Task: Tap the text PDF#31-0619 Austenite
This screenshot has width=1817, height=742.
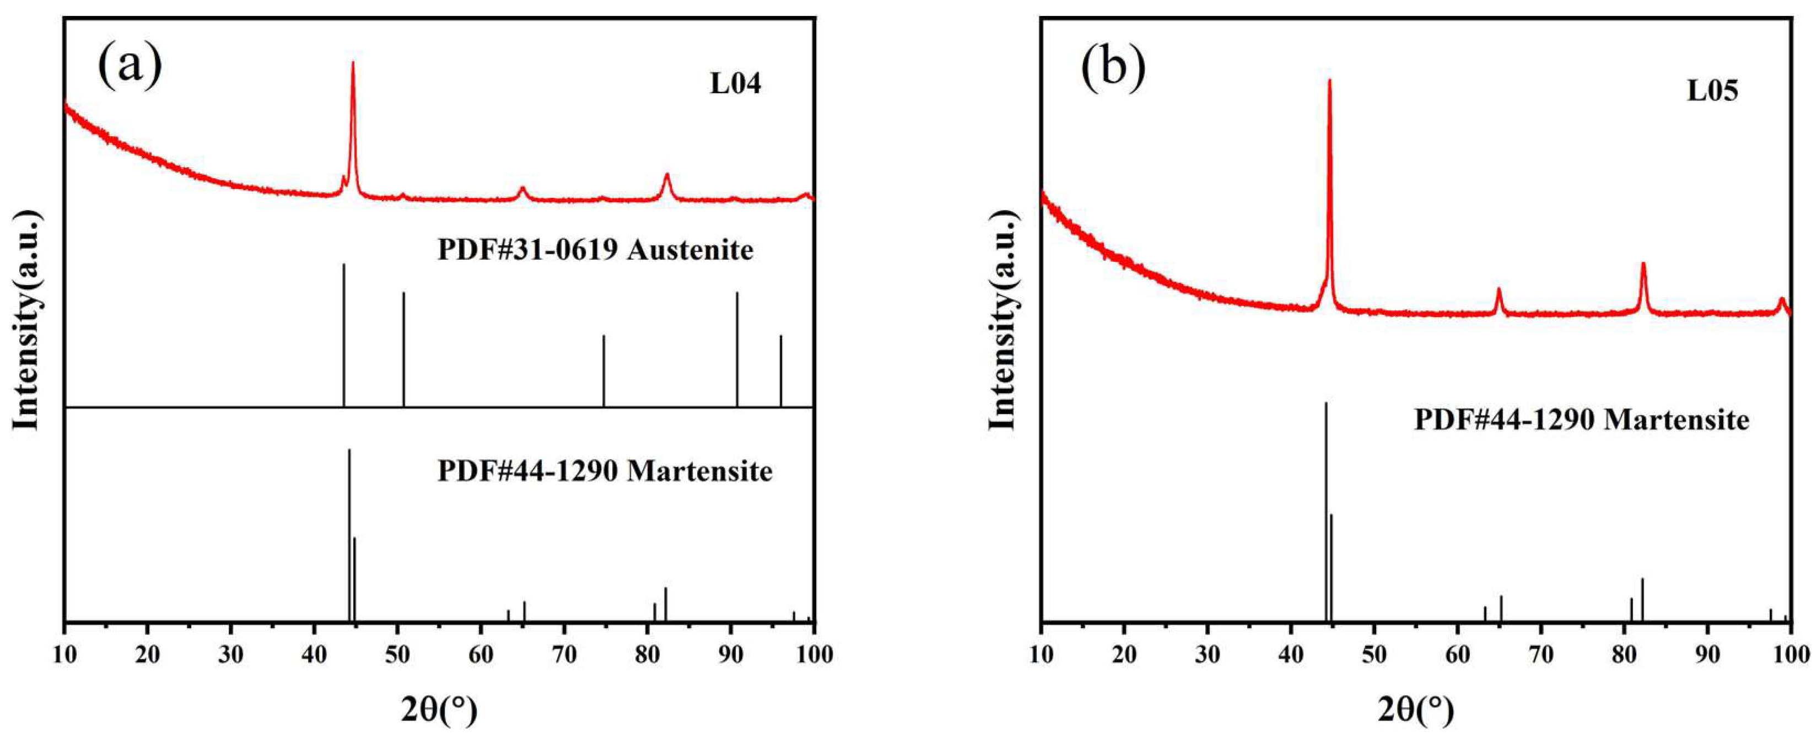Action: point(595,250)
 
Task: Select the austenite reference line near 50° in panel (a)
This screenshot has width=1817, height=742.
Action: point(403,349)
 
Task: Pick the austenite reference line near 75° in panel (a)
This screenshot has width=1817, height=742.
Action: point(604,370)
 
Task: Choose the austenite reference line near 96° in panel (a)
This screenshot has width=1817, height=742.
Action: point(781,370)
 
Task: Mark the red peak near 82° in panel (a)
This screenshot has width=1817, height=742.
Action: point(666,176)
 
